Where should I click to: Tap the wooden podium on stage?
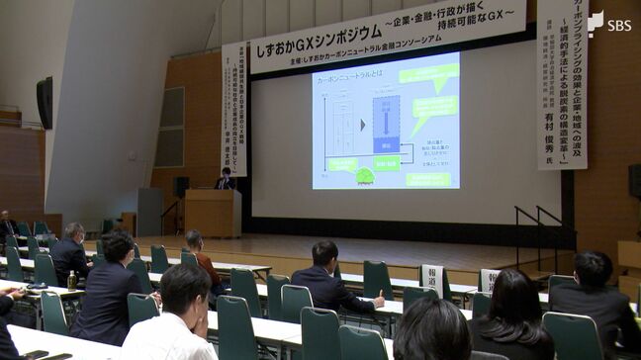pos(213,212)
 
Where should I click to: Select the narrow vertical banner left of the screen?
pos(234,109)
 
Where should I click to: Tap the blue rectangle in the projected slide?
pos(386,124)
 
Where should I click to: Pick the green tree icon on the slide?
pos(365,175)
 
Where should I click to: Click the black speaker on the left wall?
pos(45,102)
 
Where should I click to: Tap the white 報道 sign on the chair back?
pos(432,279)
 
